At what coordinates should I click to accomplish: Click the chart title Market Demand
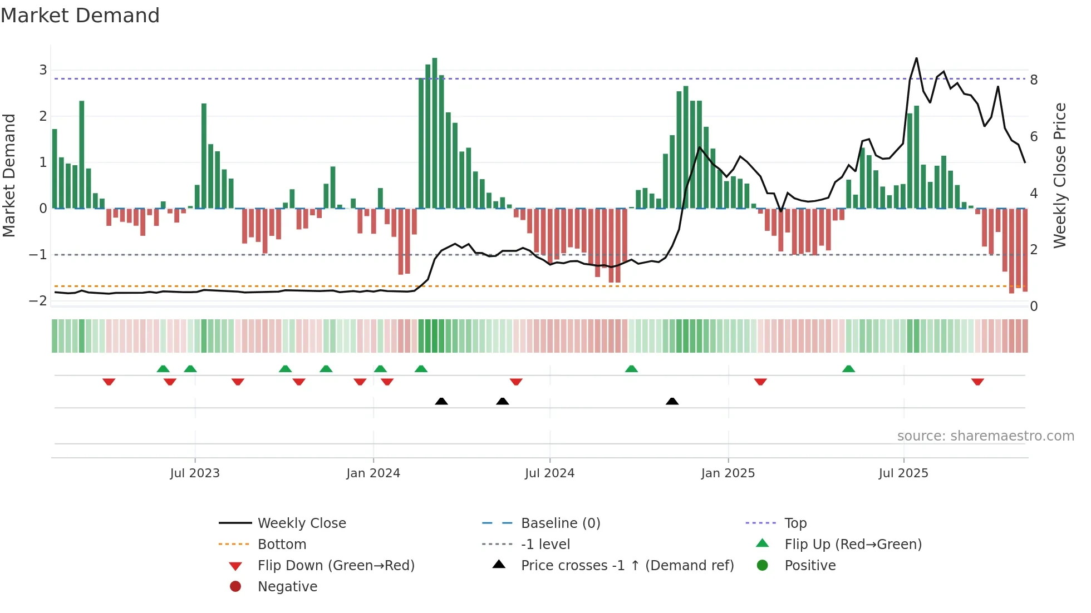(x=80, y=16)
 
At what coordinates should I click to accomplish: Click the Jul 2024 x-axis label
(x=549, y=473)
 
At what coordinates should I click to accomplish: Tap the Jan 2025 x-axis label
(x=728, y=473)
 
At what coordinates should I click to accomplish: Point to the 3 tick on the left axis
(x=43, y=70)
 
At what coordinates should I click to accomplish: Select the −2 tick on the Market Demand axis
(x=38, y=301)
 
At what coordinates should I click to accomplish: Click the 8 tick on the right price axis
(x=1034, y=80)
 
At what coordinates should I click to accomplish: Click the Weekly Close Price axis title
(x=1060, y=175)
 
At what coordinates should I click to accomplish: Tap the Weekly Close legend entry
(x=301, y=523)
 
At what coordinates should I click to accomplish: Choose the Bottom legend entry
(x=282, y=545)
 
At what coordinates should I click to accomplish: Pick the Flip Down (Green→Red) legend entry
(x=336, y=566)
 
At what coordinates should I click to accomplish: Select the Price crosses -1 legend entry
(x=627, y=566)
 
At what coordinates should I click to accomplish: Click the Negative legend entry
(x=287, y=587)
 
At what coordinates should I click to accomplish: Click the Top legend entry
(x=795, y=523)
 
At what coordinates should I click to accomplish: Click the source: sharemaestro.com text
(x=985, y=436)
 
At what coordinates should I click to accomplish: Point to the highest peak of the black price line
(x=916, y=58)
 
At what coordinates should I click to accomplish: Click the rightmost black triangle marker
(x=672, y=401)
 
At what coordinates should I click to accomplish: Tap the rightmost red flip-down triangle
(x=977, y=382)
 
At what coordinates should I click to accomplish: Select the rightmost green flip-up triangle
(x=848, y=369)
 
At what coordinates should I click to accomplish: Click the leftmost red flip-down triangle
(x=109, y=382)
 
